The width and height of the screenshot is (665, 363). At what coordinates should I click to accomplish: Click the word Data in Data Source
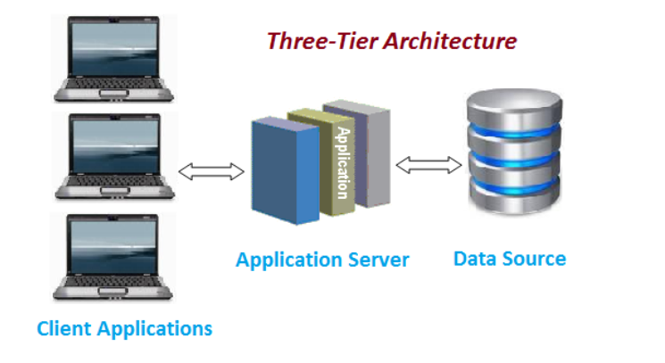tap(475, 259)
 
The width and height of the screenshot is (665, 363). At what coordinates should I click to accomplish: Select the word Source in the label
tap(535, 259)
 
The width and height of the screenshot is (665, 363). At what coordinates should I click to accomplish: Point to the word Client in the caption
tap(64, 328)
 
